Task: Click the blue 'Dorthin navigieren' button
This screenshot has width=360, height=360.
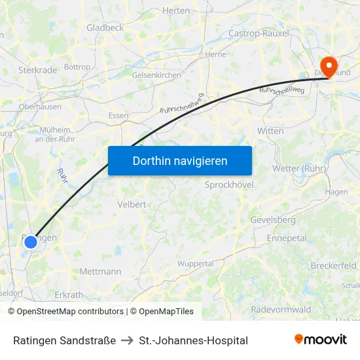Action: (180, 160)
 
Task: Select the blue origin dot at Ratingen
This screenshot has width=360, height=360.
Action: (31, 242)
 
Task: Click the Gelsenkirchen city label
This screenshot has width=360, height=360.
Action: (156, 75)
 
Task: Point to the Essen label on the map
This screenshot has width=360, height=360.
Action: (118, 115)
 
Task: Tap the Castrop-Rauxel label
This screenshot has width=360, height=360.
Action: (259, 33)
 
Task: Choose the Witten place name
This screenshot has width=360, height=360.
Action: (270, 131)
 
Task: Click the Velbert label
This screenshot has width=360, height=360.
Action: (132, 204)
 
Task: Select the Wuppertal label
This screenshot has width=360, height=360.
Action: (196, 264)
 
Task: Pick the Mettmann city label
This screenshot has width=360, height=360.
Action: (100, 271)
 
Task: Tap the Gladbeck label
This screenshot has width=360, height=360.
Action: (105, 27)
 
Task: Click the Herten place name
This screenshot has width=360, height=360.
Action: (175, 10)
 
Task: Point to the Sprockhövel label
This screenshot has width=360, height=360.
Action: (229, 185)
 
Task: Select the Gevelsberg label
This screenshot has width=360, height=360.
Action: (273, 220)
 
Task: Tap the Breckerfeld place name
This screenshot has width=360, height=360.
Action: (333, 266)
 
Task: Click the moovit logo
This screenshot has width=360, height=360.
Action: (321, 340)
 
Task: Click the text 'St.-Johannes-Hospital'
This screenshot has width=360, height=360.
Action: (194, 340)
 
